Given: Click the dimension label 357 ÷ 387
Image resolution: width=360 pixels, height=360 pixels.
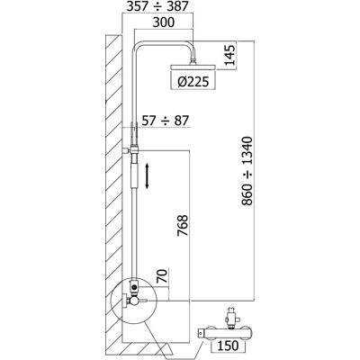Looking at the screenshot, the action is pyautogui.click(x=157, y=6).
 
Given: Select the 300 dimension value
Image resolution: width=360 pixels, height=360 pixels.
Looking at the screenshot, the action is pyautogui.click(x=163, y=22).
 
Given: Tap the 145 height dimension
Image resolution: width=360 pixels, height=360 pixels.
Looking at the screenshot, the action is pyautogui.click(x=229, y=55).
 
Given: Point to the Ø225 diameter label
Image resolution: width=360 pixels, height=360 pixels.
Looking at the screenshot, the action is pyautogui.click(x=193, y=81).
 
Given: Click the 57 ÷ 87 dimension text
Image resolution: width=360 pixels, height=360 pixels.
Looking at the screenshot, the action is pyautogui.click(x=165, y=121).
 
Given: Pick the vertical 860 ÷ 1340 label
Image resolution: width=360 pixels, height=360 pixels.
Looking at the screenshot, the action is pyautogui.click(x=247, y=171).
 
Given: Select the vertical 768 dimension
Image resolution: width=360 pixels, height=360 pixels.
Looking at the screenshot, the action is pyautogui.click(x=183, y=225).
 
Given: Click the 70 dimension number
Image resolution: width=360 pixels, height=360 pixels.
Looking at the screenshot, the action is pyautogui.click(x=163, y=276).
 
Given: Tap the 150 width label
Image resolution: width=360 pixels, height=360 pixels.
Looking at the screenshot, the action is pyautogui.click(x=229, y=346).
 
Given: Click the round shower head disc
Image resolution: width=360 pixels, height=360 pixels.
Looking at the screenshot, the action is pyautogui.click(x=193, y=67).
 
